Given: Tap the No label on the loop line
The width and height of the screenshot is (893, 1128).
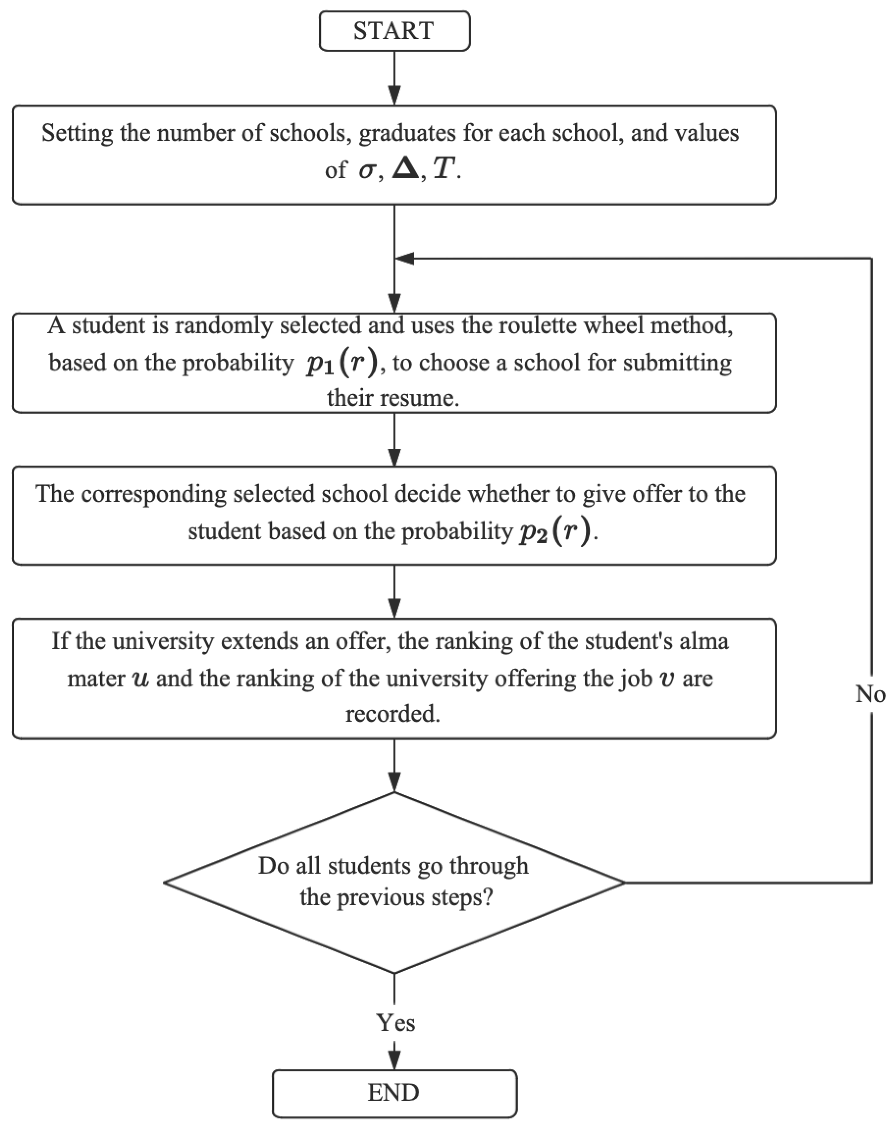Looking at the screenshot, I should pos(870,694).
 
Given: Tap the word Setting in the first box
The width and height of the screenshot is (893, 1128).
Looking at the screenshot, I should pos(77,133).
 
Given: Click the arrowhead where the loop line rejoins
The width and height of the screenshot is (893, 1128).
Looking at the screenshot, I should pos(405,258).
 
